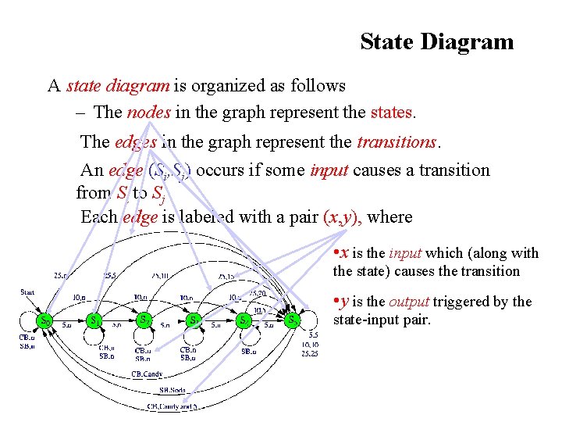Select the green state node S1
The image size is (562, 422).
tap(94, 320)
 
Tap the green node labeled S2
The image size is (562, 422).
tap(144, 320)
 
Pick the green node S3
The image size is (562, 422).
tap(194, 320)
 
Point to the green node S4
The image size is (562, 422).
tap(244, 320)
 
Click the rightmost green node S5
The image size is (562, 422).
tap(292, 320)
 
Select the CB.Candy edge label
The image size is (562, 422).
tap(147, 374)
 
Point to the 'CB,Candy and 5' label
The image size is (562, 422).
tap(173, 406)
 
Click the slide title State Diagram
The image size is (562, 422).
tap(436, 41)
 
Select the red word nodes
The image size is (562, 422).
tap(148, 112)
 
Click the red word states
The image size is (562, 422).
tap(391, 112)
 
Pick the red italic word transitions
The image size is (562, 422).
tap(397, 142)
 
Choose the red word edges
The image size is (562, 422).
tap(136, 142)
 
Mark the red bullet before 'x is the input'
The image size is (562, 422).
tap(336, 252)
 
